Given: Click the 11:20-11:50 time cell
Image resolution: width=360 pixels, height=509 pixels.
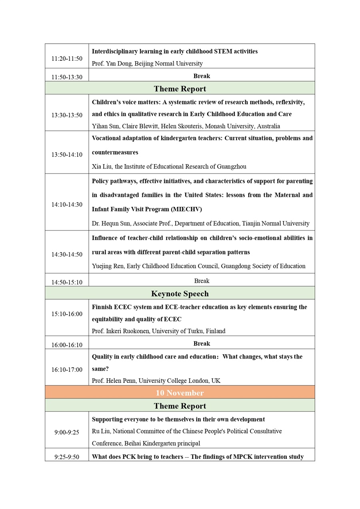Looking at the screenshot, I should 67,58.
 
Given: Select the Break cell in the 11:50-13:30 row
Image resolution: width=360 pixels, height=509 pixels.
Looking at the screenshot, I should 202,76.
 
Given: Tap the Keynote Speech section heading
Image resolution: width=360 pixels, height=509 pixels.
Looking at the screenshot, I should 180,294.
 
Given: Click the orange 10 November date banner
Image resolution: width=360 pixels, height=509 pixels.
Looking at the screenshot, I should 180,393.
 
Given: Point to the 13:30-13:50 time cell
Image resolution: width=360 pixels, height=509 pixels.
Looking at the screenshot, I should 67,115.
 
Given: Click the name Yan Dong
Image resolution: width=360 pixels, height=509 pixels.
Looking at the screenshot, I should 120,63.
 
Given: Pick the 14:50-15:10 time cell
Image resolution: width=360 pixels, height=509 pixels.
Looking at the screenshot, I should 67,282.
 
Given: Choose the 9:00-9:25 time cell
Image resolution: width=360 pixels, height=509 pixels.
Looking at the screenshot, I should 67,432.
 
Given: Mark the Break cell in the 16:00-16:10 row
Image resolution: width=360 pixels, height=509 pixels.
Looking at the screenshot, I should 202,343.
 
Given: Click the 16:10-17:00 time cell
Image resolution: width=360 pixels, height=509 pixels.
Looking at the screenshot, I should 67,369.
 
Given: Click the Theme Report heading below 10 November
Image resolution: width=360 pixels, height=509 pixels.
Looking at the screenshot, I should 180,406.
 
